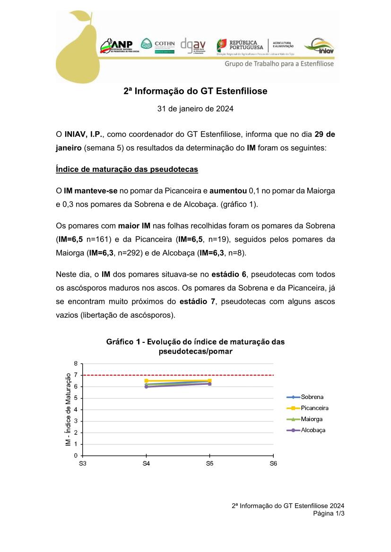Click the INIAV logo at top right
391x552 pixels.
(319, 46)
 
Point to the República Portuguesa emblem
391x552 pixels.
(222, 45)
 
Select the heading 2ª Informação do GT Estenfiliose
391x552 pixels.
(195, 91)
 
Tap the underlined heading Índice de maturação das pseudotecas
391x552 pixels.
(127, 169)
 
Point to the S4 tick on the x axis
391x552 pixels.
(146, 464)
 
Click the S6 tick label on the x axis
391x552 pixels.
(273, 464)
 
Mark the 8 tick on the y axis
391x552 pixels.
(76, 364)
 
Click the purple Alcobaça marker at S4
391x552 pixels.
(146, 387)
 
